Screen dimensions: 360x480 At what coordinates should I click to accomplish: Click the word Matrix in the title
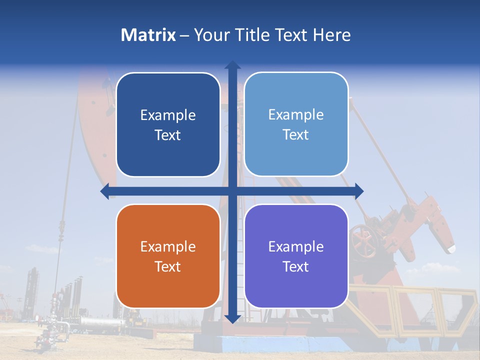pos(148,35)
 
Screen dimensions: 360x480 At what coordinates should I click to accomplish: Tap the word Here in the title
pos(331,35)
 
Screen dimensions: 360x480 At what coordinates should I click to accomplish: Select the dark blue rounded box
pos(168,125)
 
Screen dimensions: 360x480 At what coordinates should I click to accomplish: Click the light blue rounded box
pos(296,124)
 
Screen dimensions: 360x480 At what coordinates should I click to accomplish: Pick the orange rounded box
pos(168,256)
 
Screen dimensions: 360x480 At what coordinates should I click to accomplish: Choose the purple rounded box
pos(296,256)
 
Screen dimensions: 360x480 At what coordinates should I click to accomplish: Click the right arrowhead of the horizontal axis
pos(358,191)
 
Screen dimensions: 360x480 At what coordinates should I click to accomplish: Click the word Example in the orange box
pos(168,246)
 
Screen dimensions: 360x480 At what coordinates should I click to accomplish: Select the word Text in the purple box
pos(296,266)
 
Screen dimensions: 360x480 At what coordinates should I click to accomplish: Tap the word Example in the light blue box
pos(296,115)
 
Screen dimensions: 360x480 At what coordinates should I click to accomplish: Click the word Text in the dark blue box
pos(168,135)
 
